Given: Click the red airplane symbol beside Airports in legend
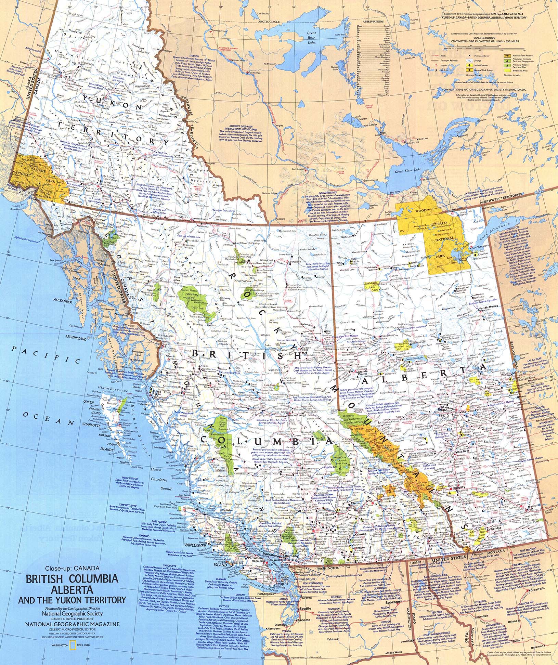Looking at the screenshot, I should pos(436,64).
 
